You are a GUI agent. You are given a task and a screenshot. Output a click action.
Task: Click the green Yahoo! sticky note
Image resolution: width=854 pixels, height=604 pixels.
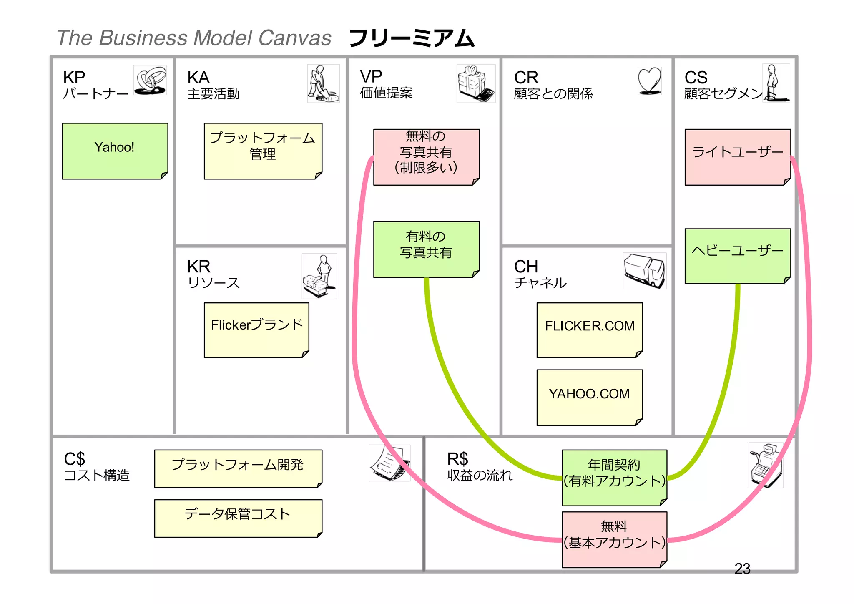(x=115, y=151)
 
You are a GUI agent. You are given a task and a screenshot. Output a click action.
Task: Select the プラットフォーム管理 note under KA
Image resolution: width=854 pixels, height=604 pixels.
(x=263, y=151)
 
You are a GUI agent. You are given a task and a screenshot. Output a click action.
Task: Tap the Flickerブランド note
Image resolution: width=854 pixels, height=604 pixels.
(x=256, y=330)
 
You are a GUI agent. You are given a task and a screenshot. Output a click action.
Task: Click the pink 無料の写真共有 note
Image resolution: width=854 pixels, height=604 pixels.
(x=426, y=157)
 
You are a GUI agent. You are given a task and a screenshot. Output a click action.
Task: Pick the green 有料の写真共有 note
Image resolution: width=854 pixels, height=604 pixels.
(x=426, y=249)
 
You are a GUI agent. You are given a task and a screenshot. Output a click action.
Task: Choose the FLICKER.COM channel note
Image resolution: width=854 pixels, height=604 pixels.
(x=589, y=330)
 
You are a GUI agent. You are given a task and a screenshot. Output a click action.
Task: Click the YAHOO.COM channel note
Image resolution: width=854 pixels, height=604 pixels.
(x=589, y=397)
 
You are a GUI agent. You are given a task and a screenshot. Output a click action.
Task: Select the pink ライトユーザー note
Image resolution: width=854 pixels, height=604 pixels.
(x=737, y=157)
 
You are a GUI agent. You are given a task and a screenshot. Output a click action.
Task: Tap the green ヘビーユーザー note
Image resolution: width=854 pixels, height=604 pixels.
(x=737, y=256)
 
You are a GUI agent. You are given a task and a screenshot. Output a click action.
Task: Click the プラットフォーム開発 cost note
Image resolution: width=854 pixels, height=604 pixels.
(x=238, y=468)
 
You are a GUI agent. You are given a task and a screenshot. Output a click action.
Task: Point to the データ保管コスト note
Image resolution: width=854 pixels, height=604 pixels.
(x=238, y=518)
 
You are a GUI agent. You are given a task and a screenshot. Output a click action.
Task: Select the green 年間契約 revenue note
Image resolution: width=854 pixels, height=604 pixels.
(x=614, y=477)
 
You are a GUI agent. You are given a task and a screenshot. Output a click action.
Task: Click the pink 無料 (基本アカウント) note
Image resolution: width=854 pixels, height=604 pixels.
(x=614, y=539)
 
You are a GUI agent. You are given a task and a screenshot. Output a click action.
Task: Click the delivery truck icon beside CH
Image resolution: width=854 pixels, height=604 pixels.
(x=644, y=271)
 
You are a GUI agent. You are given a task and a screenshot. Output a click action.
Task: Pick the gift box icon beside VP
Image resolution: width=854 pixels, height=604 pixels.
(x=475, y=83)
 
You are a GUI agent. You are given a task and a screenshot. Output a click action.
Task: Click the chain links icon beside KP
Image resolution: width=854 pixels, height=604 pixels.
(x=150, y=80)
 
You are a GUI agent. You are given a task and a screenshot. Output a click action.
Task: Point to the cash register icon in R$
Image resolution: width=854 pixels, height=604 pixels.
(x=766, y=465)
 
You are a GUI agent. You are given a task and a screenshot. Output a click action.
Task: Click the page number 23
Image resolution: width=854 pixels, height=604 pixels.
(x=742, y=569)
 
